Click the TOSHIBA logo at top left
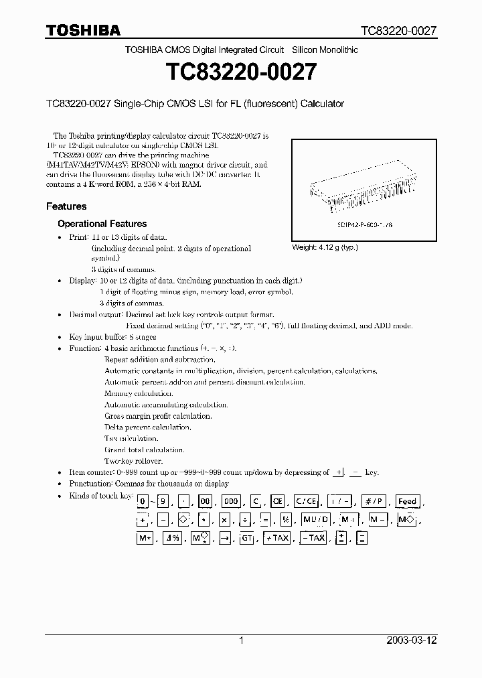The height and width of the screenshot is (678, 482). pyautogui.click(x=83, y=30)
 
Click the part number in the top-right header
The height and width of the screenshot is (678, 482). pyautogui.click(x=399, y=31)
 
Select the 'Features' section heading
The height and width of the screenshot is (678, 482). pyautogui.click(x=66, y=206)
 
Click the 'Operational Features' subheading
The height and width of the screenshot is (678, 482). pyautogui.click(x=102, y=224)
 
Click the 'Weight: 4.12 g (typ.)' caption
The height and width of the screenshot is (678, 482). pyautogui.click(x=325, y=247)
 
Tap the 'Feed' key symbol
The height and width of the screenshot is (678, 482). pyautogui.click(x=407, y=501)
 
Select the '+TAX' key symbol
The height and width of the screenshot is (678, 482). pyautogui.click(x=276, y=538)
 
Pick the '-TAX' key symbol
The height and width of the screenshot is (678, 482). pyautogui.click(x=313, y=538)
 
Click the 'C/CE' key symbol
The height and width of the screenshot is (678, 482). pyautogui.click(x=305, y=501)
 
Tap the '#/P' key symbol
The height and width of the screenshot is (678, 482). pyautogui.click(x=372, y=501)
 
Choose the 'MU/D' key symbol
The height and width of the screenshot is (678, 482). pyautogui.click(x=315, y=520)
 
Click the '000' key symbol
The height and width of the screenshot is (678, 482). pyautogui.click(x=231, y=501)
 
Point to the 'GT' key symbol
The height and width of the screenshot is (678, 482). pyautogui.click(x=247, y=538)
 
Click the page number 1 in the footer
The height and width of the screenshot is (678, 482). pyautogui.click(x=241, y=640)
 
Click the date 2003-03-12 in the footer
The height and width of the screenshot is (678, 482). pyautogui.click(x=412, y=640)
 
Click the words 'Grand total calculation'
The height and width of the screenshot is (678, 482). pyautogui.click(x=136, y=450)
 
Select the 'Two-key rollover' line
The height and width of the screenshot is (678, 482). pyautogui.click(x=133, y=461)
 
